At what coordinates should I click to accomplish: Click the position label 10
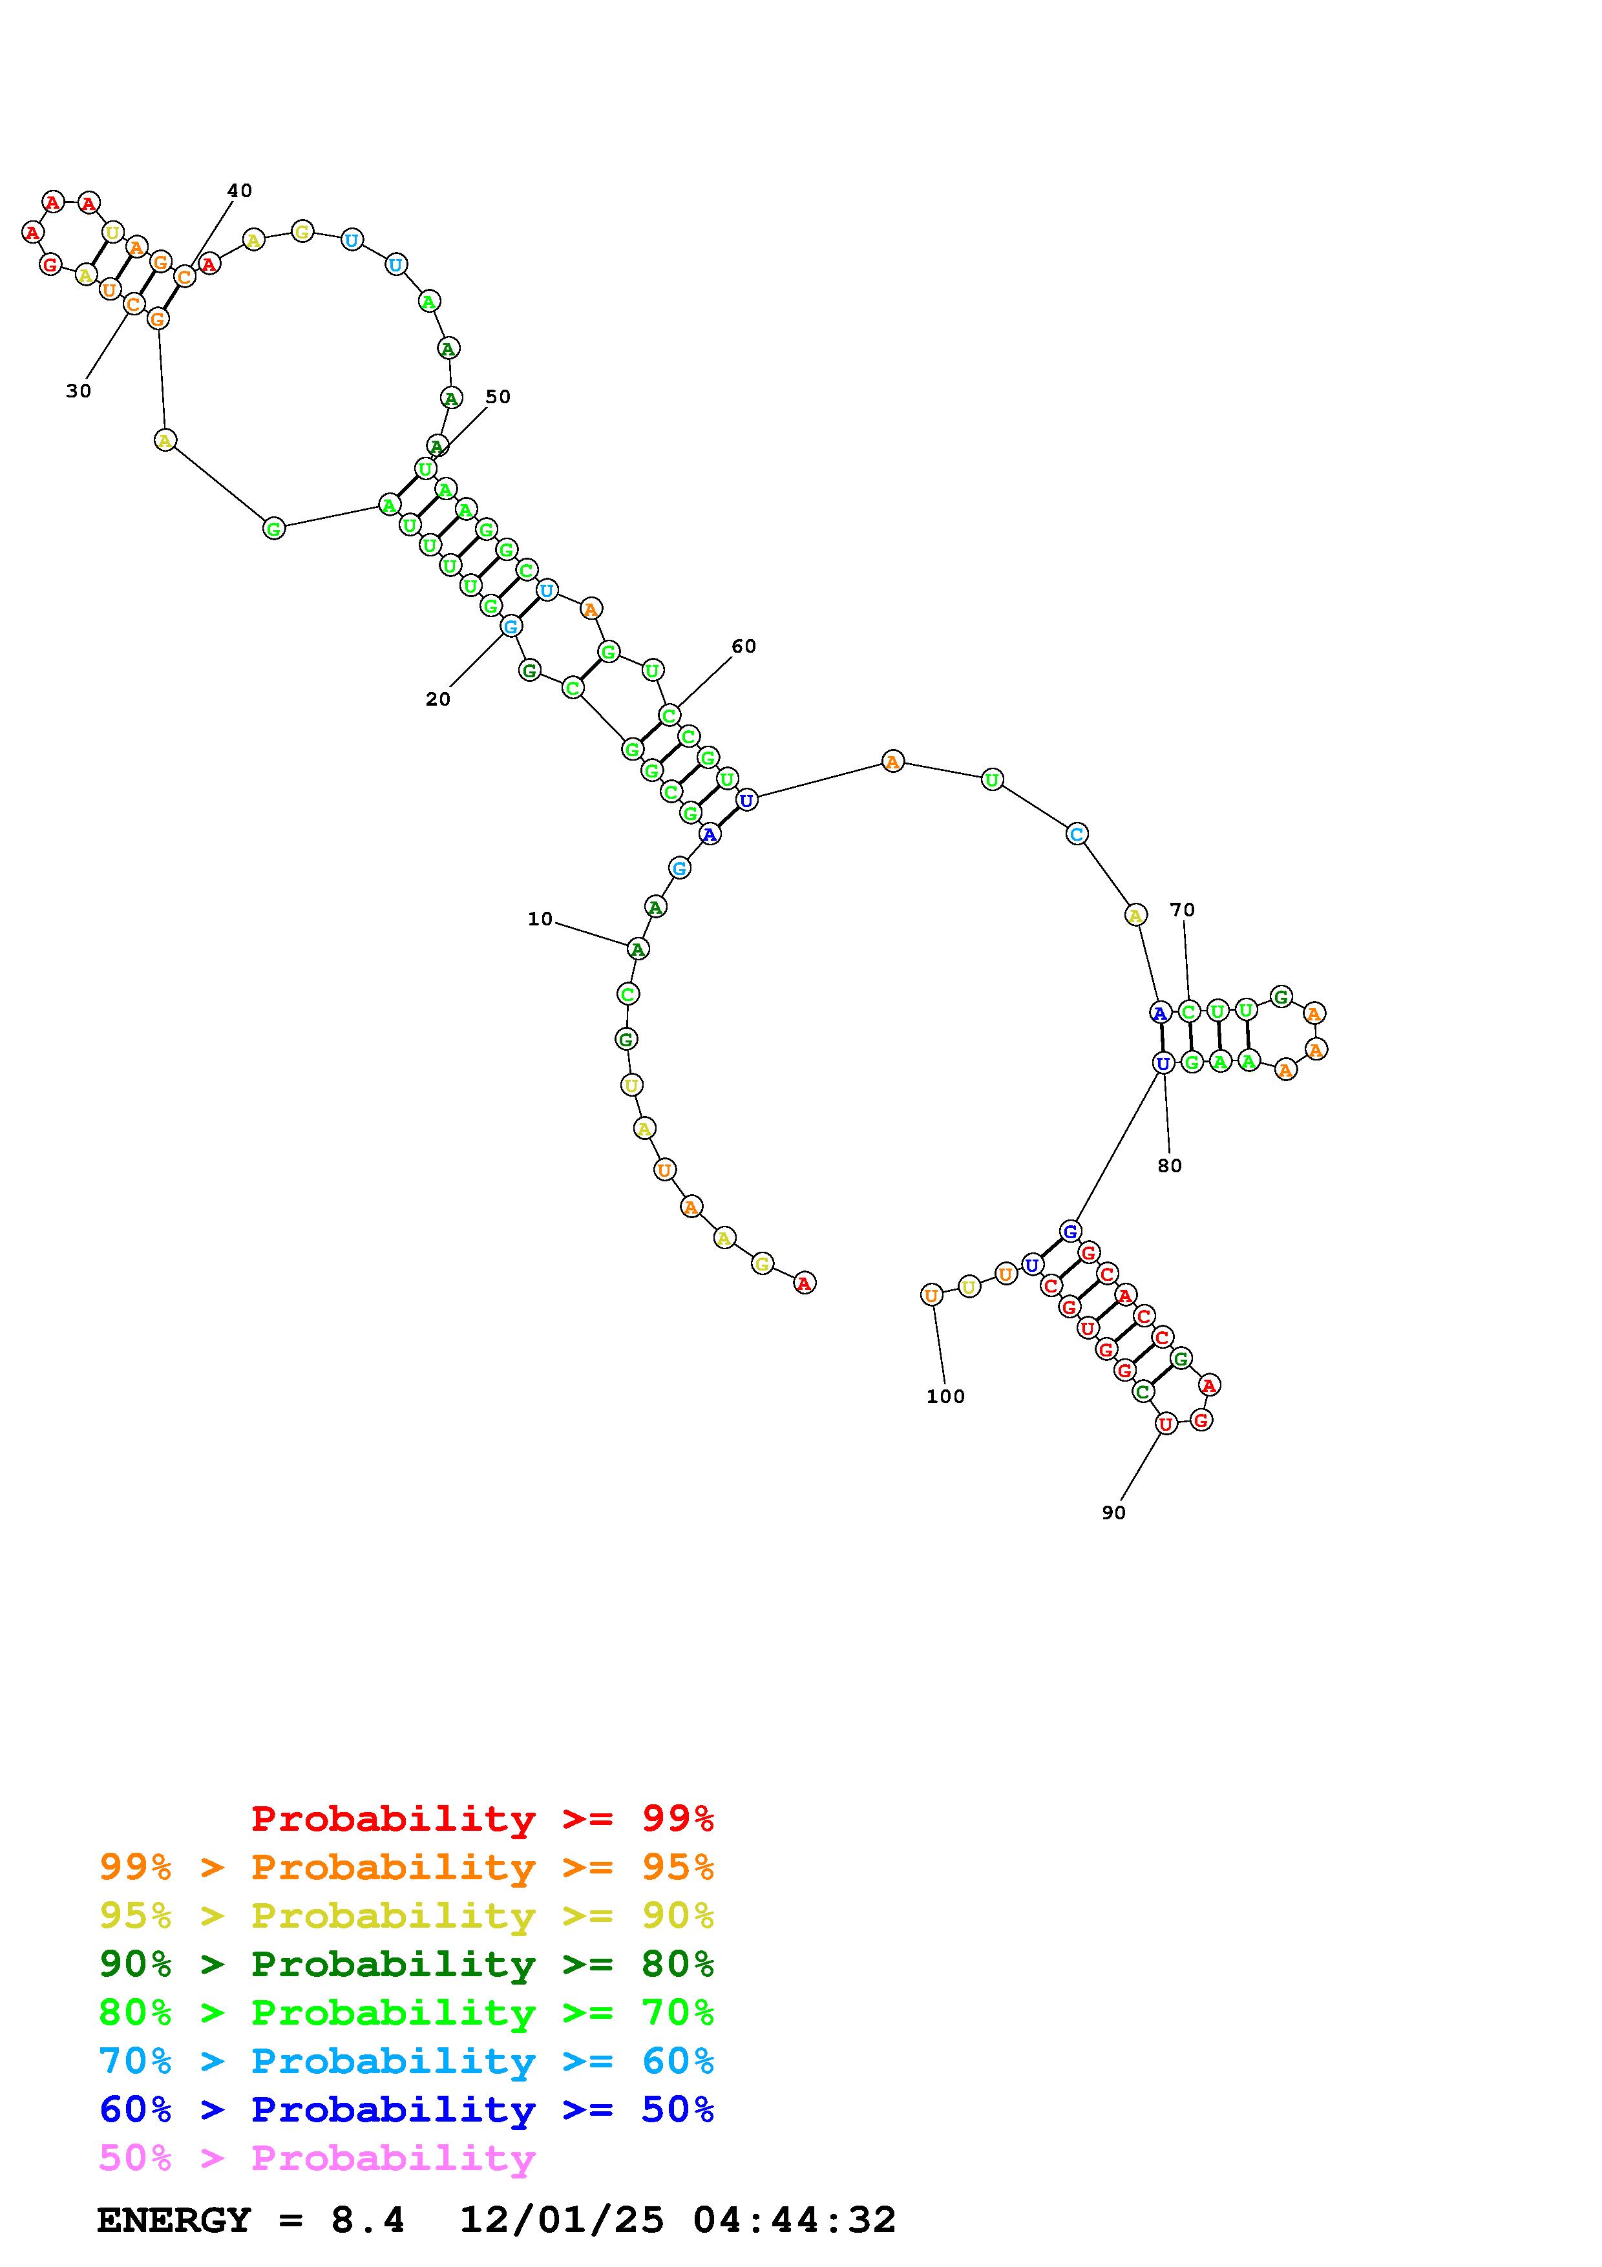coord(540,919)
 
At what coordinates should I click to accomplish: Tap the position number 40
coord(240,191)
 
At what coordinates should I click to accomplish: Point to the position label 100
coord(945,1396)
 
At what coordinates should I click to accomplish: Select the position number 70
coord(1183,909)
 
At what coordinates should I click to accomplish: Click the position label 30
coord(79,391)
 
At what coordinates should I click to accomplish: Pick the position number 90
coord(1113,1513)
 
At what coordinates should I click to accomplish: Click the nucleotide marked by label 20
coord(511,626)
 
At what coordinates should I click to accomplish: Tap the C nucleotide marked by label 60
coord(669,715)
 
